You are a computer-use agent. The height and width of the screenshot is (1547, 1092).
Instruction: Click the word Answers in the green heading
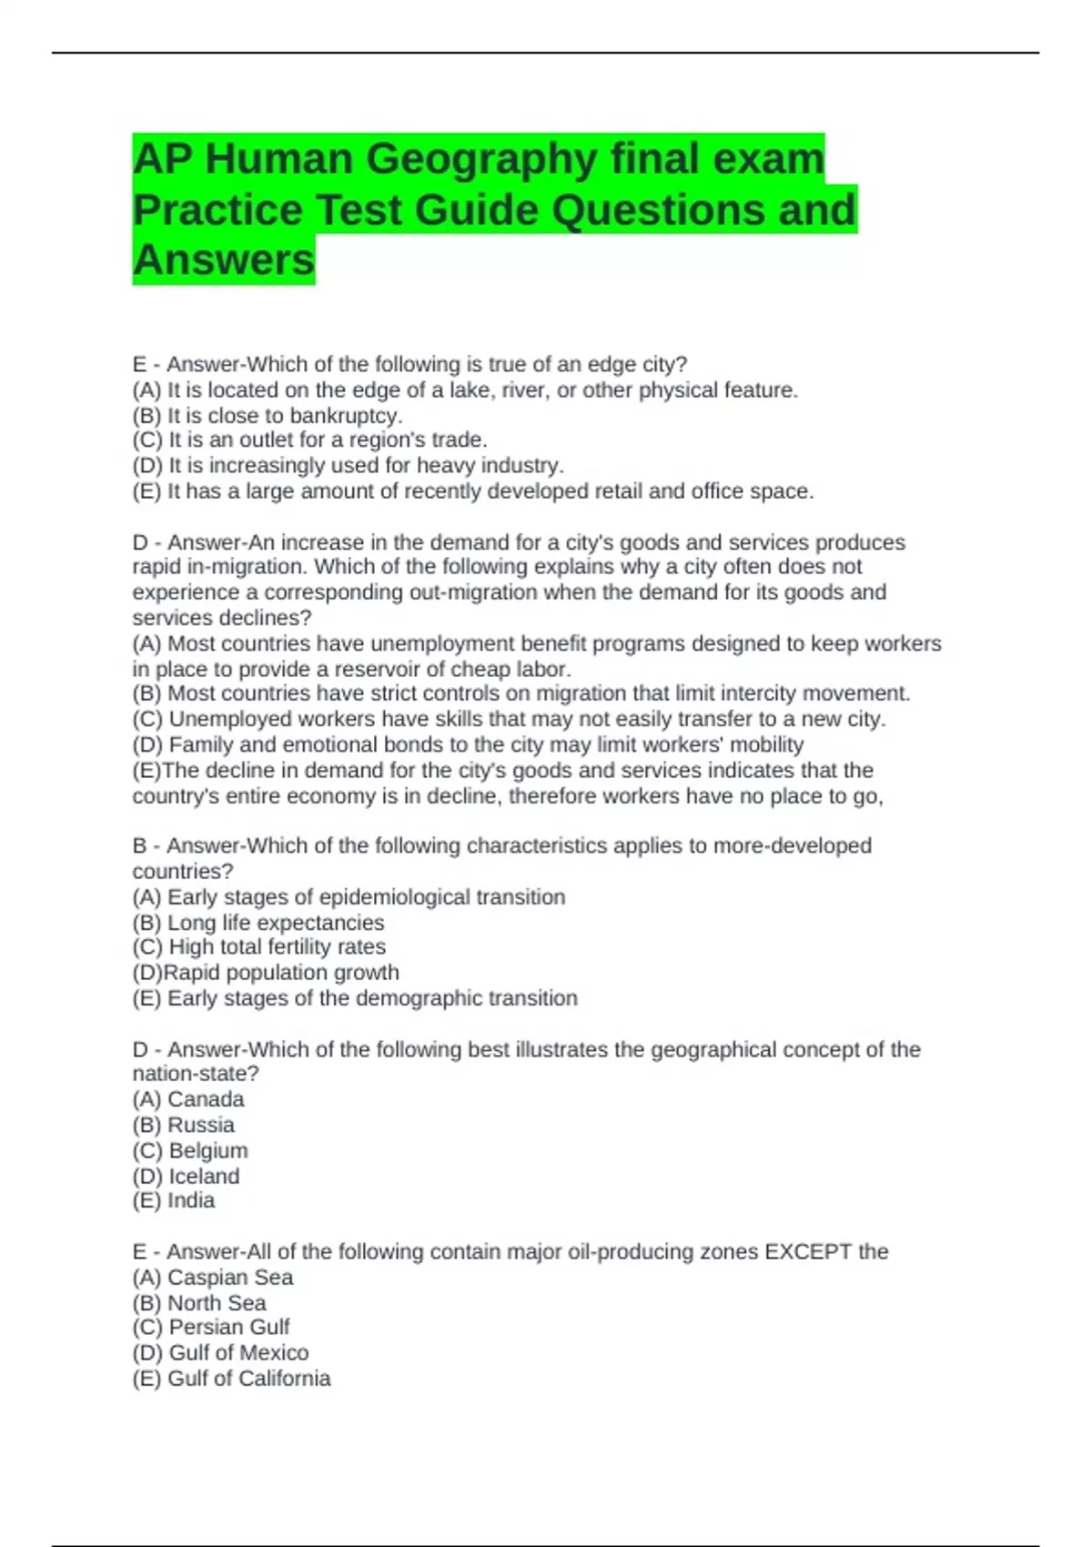click(x=224, y=260)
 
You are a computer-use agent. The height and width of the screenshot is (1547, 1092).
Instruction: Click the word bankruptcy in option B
click(x=345, y=416)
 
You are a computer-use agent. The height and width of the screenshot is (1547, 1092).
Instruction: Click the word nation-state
click(x=196, y=1074)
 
